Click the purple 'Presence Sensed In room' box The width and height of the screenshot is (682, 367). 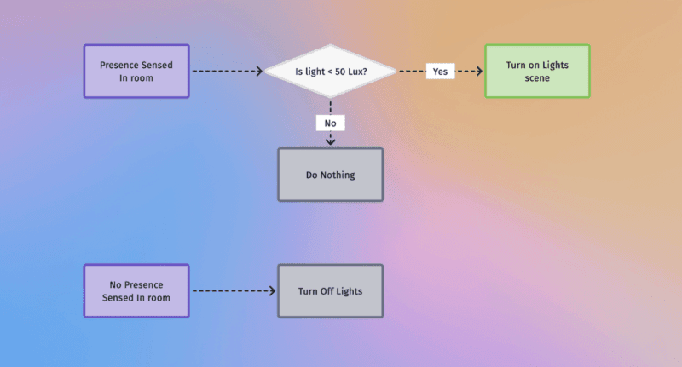coord(136,72)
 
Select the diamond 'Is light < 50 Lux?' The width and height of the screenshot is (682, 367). coord(331,72)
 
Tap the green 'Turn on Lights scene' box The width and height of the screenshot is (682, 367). coord(537,72)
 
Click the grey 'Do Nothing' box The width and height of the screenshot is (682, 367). coord(330,175)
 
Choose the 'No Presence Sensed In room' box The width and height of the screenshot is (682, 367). coord(136,290)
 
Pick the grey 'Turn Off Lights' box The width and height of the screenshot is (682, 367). coord(330,291)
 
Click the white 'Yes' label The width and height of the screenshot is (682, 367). coord(440,72)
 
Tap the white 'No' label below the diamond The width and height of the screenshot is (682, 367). coord(330,123)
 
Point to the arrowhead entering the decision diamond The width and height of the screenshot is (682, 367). coord(259,72)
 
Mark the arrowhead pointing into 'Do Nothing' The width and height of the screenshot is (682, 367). coord(330,141)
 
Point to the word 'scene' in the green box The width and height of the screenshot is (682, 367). coord(537,78)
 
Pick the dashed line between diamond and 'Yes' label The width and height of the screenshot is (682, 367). coord(412,72)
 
